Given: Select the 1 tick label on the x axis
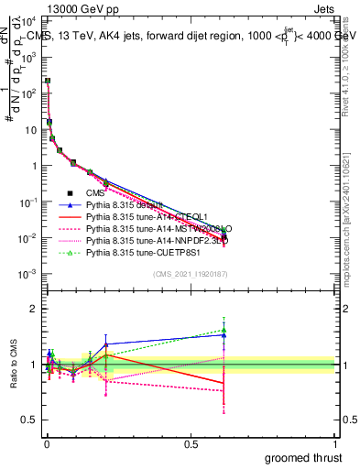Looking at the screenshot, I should [334, 442].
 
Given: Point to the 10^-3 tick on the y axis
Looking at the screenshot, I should [33, 274].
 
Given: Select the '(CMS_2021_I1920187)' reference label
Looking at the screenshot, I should [190, 273].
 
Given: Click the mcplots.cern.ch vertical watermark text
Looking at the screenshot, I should [352, 220].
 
